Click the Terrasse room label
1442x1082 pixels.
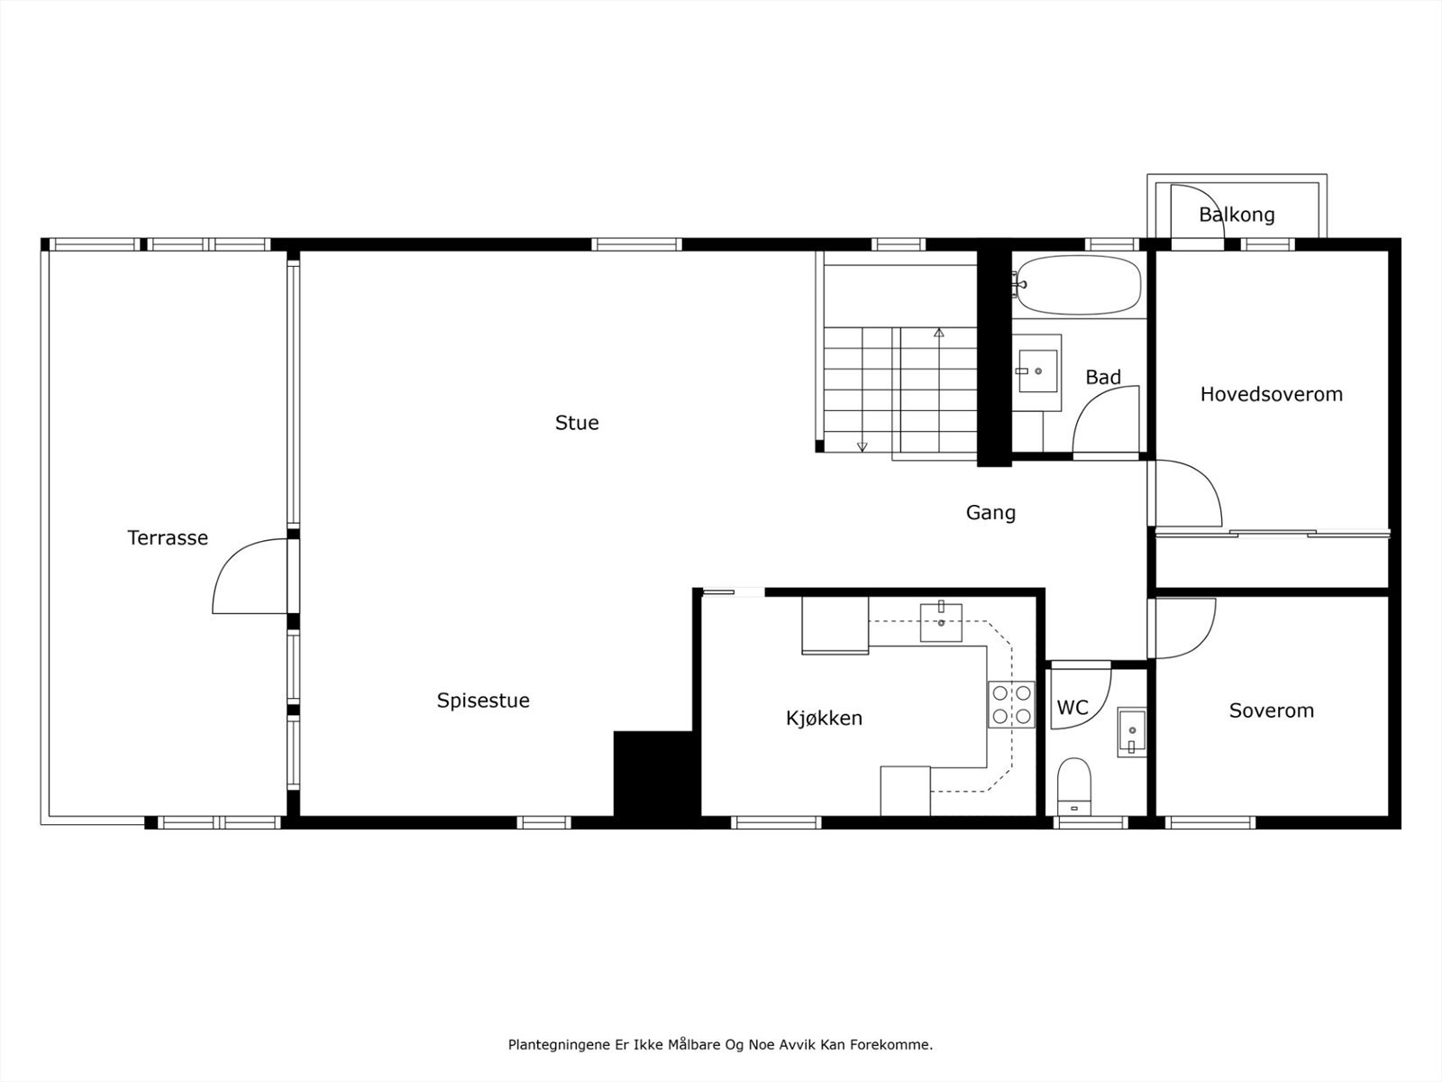coord(168,538)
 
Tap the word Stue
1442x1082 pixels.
coord(577,423)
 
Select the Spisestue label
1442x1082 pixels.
coord(483,701)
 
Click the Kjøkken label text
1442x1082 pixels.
coord(824,719)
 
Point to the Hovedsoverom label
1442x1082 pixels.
coord(1271,394)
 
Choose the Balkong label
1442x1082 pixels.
coord(1237,215)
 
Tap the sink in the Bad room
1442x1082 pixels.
coord(1039,369)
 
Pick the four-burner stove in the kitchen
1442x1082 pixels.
coord(1011,705)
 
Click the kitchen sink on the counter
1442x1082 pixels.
coord(941,622)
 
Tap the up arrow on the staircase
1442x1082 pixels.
coord(939,333)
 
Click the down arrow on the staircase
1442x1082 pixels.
coord(862,445)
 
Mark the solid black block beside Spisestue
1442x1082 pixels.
coord(652,773)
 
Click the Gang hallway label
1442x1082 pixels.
coord(990,513)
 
